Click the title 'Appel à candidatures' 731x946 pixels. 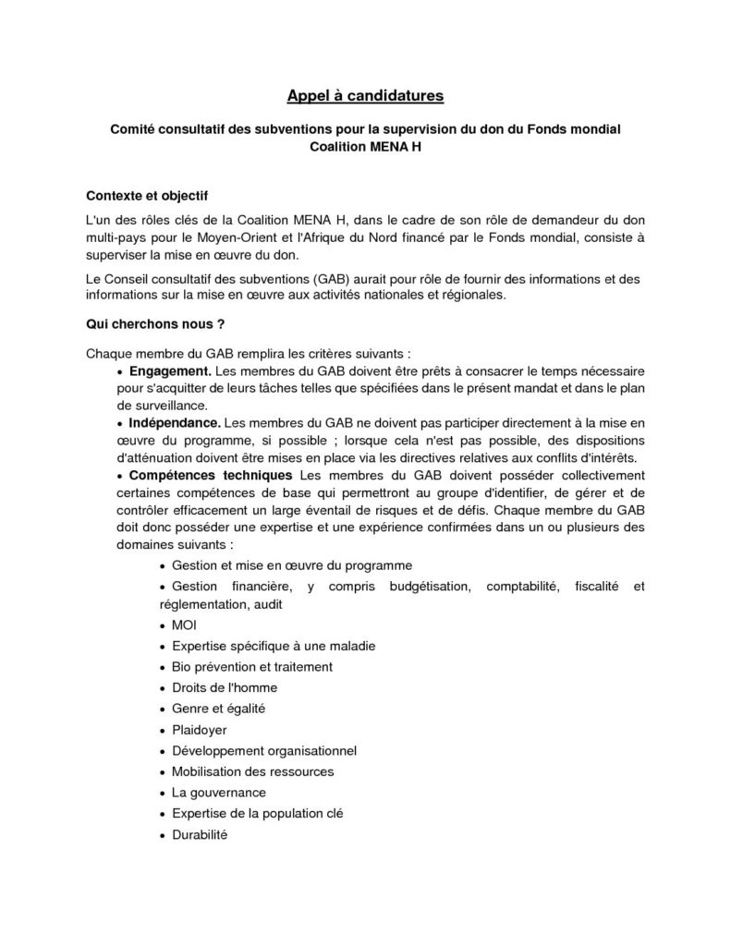coord(365,95)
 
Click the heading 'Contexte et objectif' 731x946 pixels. coord(147,196)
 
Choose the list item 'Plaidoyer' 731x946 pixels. coord(200,730)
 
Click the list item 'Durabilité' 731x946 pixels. coord(199,834)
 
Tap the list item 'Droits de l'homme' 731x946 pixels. coord(224,688)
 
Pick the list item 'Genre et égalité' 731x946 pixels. coord(218,709)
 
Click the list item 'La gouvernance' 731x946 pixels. coord(218,793)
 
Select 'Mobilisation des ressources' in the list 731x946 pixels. coord(252,771)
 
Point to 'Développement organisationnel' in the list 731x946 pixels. coord(263,750)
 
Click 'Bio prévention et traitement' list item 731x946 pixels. coord(251,667)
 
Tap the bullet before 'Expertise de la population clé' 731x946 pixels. coord(164,814)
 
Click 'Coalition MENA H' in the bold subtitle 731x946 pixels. coord(365,147)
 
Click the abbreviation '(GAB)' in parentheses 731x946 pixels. coord(331,279)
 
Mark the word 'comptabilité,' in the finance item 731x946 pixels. coord(524,587)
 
